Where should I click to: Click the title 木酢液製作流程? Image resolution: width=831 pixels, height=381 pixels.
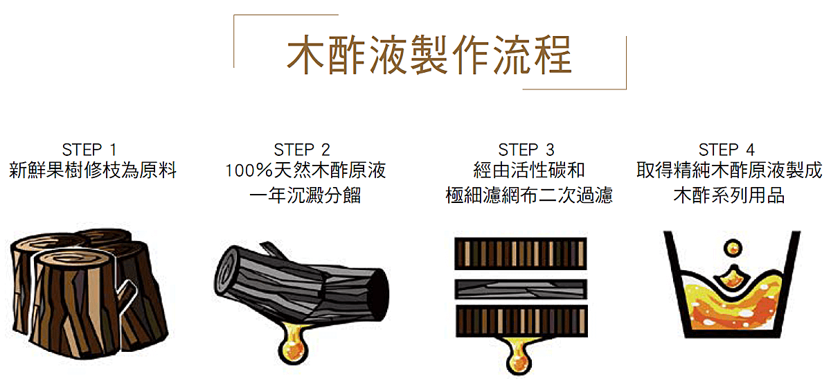click(429, 55)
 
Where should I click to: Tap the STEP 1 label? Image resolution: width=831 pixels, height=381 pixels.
click(89, 150)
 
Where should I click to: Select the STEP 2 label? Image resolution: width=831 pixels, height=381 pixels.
click(302, 150)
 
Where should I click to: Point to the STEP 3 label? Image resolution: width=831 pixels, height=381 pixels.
click(526, 150)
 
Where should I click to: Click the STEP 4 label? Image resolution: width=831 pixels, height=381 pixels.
click(726, 150)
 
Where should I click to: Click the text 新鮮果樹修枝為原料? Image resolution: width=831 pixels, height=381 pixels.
click(92, 170)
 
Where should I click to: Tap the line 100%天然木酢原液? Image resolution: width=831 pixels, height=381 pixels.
click(305, 170)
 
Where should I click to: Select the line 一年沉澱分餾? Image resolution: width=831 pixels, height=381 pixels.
click(305, 195)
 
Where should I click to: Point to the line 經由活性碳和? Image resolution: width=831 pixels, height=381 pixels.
click(528, 170)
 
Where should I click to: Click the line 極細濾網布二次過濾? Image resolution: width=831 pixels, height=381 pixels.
click(529, 195)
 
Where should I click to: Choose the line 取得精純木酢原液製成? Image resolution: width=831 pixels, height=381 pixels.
click(729, 170)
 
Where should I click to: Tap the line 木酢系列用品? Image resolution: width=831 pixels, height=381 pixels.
click(729, 195)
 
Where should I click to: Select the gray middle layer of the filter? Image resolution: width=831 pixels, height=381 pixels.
click(521, 289)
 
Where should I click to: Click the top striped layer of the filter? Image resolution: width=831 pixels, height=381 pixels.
click(521, 254)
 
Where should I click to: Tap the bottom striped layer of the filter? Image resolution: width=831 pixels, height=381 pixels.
click(521, 321)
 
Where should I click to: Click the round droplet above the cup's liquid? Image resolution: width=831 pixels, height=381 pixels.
click(733, 248)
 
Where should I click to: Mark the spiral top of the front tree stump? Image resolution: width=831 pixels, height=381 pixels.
click(73, 259)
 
